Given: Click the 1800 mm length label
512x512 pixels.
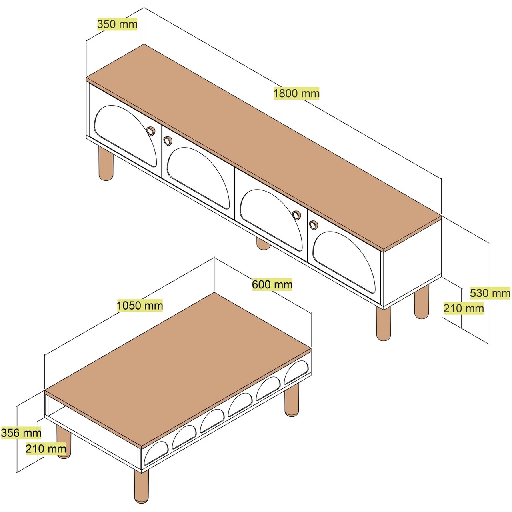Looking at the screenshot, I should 296,93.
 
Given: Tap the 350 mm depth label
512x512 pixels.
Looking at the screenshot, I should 117,24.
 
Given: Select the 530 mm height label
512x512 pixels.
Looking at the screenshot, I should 490,293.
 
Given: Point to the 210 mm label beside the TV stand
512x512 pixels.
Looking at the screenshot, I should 463,308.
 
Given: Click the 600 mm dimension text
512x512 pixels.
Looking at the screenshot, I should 272,284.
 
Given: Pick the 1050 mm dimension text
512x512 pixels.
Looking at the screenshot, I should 140,306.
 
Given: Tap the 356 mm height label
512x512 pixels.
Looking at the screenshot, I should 21,432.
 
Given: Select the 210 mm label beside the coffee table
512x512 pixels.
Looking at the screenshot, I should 46,449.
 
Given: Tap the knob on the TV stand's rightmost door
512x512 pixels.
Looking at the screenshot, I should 313,225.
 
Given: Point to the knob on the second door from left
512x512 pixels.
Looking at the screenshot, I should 167,140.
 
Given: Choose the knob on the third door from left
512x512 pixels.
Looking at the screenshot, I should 296,215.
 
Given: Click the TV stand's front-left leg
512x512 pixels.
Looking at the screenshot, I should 106,163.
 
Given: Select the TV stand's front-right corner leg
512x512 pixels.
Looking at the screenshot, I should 383,324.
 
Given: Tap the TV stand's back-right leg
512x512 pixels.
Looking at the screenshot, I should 421,302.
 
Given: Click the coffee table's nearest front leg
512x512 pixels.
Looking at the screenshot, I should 141,486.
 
